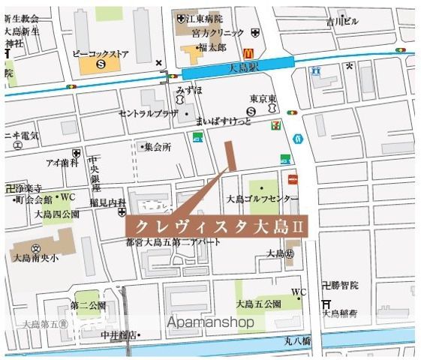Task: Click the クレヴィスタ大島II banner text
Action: click(x=214, y=225)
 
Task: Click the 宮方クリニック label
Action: click(x=218, y=32)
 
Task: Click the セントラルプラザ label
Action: click(x=148, y=113)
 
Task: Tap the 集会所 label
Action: click(x=158, y=147)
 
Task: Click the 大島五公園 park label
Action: click(x=258, y=304)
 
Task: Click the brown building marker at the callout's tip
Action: click(x=231, y=154)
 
